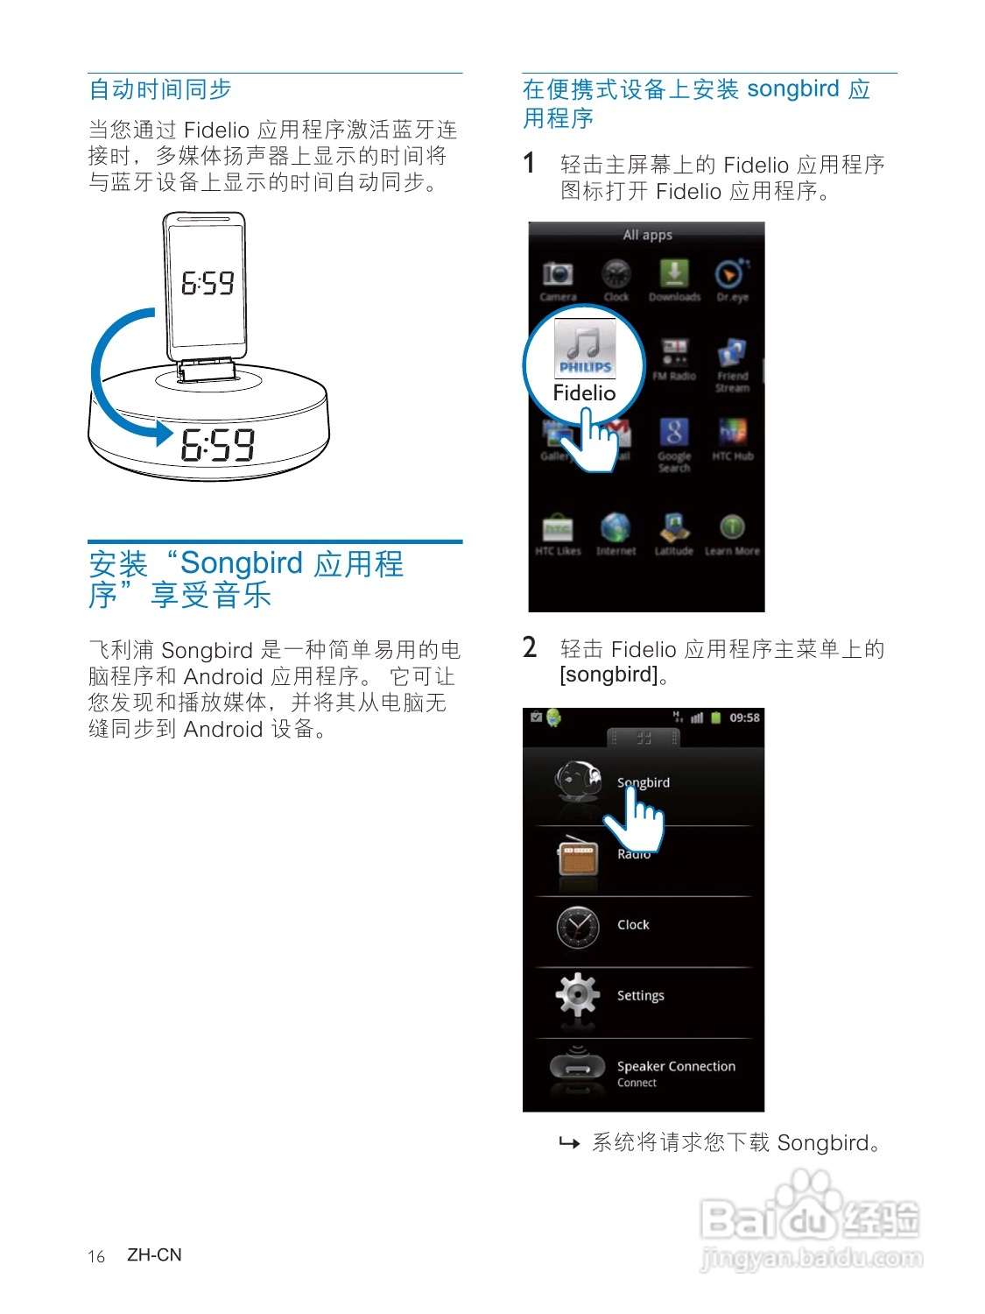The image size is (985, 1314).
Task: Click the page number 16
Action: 96,1257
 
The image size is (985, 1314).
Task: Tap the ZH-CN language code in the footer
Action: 154,1255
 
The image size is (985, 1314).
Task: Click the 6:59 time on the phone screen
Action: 208,283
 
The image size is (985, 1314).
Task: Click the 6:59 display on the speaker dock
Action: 218,445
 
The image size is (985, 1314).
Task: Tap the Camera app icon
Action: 558,274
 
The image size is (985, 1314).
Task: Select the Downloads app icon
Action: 674,272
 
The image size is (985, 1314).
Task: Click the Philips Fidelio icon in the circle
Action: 585,348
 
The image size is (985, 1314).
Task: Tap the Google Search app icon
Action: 674,433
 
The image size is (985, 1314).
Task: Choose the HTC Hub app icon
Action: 732,432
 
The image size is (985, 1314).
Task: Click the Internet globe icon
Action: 616,527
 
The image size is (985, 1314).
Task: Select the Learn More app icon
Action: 732,527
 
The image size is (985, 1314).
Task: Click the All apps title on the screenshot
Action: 647,235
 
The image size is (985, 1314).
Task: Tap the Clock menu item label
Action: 633,925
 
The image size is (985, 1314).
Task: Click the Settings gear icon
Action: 578,994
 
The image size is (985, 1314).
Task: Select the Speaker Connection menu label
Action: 676,1066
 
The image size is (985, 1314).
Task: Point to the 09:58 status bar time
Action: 744,717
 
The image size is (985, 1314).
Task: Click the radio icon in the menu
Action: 578,858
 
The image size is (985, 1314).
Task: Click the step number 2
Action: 530,647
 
